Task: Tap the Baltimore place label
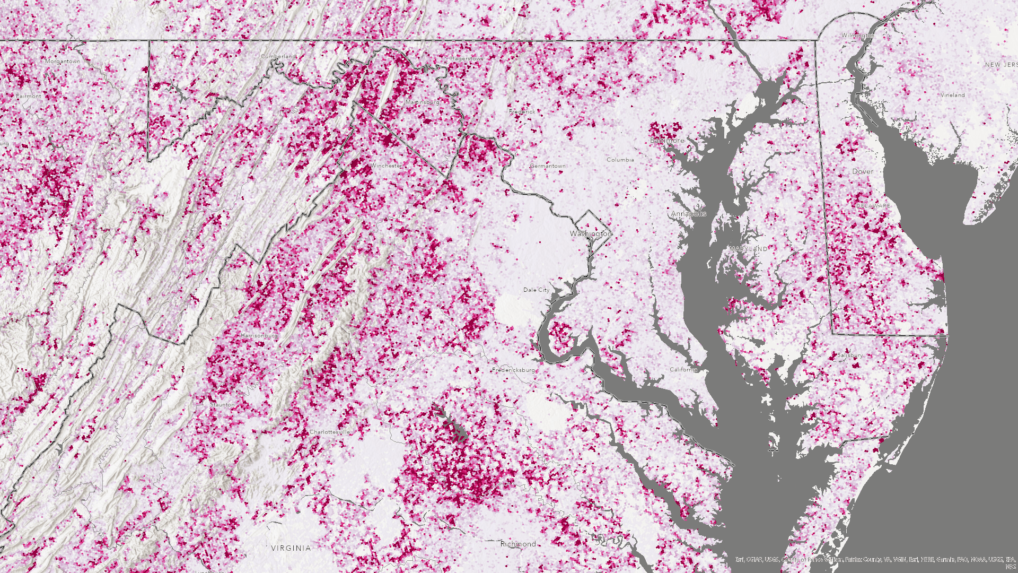667,141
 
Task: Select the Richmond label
518,544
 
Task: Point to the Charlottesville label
330,432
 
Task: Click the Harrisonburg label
259,336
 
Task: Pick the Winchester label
386,166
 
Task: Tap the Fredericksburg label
513,370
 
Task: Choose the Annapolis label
689,213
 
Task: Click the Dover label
862,171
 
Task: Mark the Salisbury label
849,355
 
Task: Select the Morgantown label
63,62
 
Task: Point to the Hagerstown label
467,58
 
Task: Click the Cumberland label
278,56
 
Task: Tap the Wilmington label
858,36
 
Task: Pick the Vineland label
952,95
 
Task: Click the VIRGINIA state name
291,548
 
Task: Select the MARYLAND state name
748,248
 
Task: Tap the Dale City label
536,290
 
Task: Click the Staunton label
222,404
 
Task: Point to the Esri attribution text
875,559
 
